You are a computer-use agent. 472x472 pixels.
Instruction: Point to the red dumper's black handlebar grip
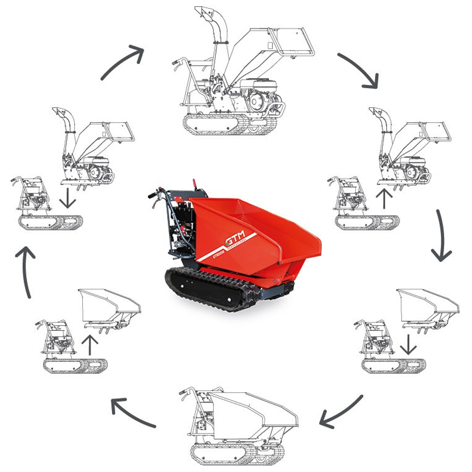click(152, 194)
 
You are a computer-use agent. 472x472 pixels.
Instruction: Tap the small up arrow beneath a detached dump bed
click(90, 345)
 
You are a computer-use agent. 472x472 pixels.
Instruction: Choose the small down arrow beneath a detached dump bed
click(408, 346)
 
